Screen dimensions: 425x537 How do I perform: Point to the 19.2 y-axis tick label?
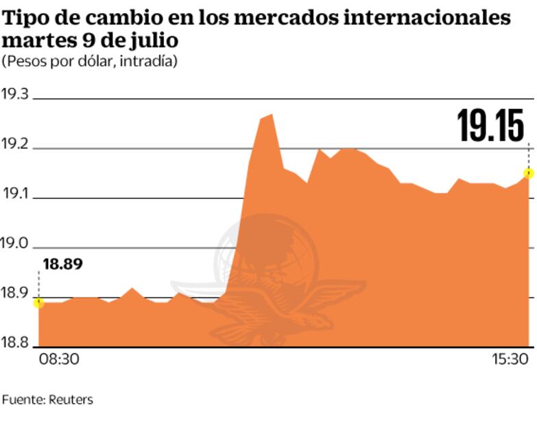tap(14, 144)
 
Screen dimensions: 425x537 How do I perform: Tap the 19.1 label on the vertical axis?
tap(14, 194)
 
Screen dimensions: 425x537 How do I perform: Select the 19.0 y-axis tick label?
tap(14, 244)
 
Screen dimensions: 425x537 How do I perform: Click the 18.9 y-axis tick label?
tap(14, 294)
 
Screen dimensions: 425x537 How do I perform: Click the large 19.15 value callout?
tap(491, 126)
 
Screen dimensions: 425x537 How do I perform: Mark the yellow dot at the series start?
tap(38, 302)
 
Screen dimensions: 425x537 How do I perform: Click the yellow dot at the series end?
tap(529, 173)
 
